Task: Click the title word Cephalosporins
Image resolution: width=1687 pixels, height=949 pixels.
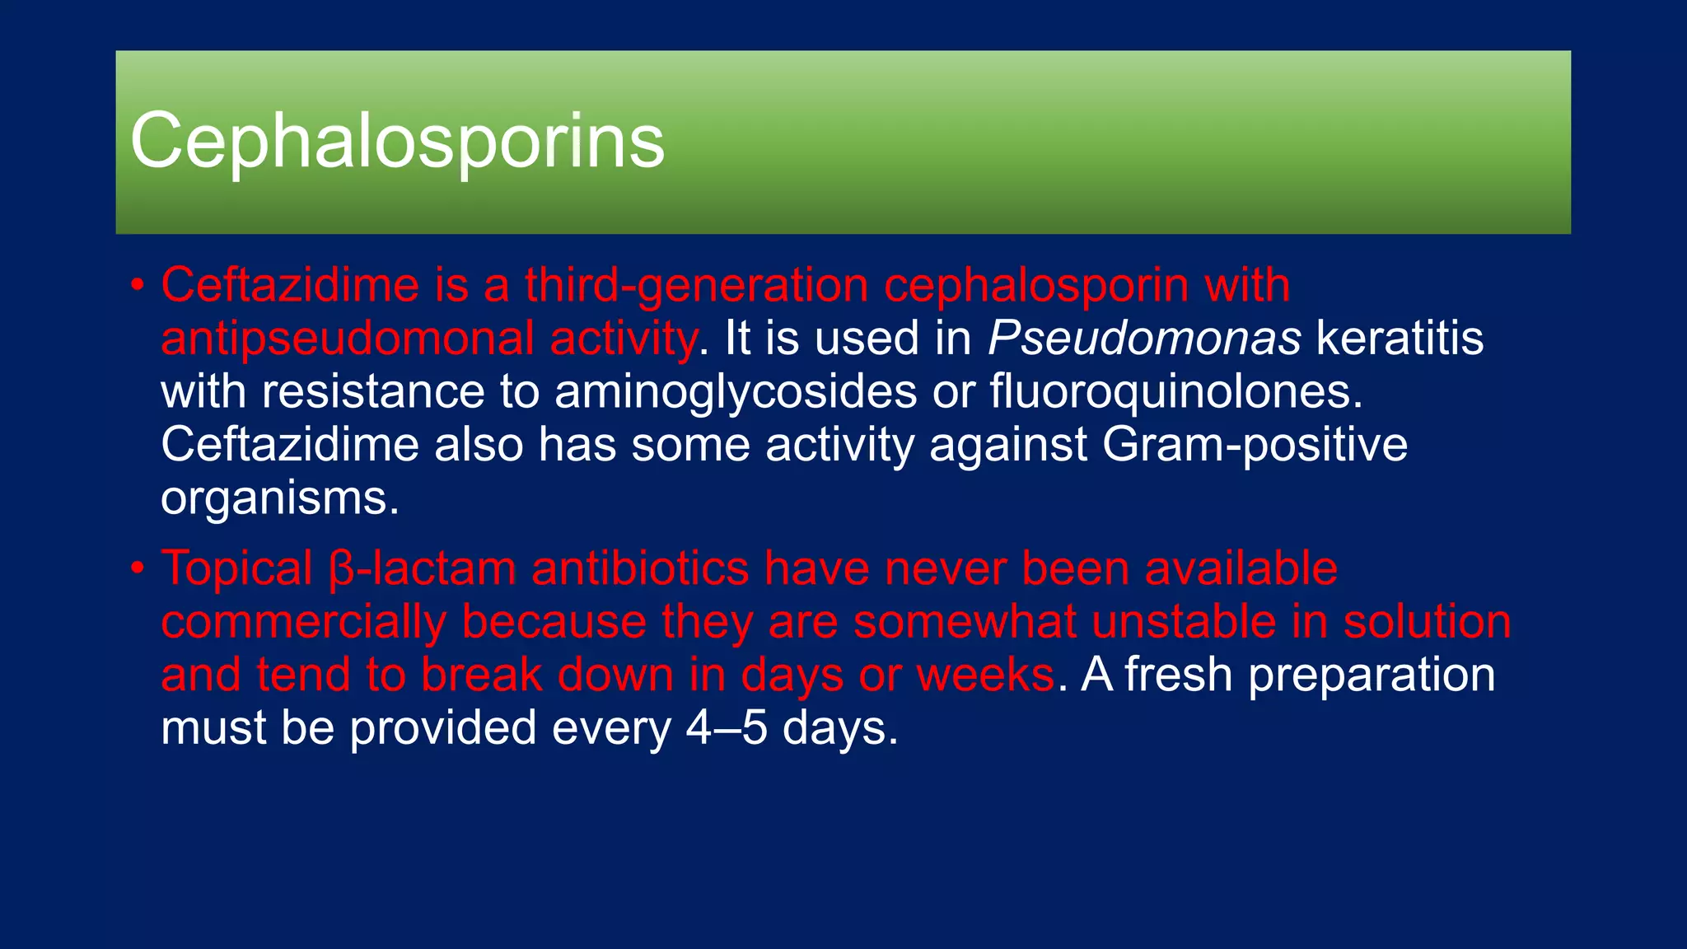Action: click(397, 142)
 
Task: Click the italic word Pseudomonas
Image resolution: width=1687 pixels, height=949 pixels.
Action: click(1144, 339)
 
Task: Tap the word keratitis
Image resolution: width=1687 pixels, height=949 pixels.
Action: click(1400, 339)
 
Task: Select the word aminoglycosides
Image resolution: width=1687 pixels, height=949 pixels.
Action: click(736, 391)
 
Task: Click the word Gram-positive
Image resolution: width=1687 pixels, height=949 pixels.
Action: click(1255, 445)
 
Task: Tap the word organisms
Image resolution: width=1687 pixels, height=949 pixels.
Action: click(280, 498)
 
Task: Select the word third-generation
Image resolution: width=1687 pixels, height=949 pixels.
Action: click(696, 285)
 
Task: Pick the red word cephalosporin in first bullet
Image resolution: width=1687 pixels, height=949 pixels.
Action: click(1035, 285)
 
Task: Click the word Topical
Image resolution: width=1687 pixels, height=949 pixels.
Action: click(236, 568)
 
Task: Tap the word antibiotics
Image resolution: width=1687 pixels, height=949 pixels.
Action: click(640, 568)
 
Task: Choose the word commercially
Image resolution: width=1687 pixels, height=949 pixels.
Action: click(303, 621)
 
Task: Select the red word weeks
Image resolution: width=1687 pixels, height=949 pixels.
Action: click(985, 675)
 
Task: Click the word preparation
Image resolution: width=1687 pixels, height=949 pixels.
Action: click(1372, 675)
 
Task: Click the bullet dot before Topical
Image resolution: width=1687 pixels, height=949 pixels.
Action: click(138, 568)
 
